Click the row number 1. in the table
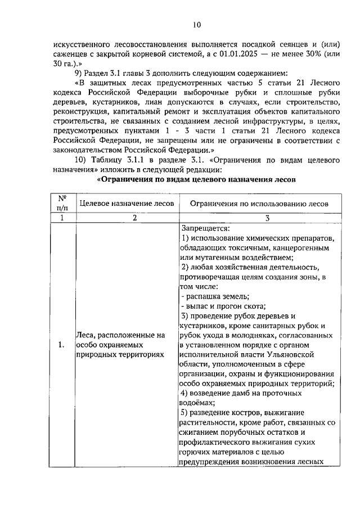61,345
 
